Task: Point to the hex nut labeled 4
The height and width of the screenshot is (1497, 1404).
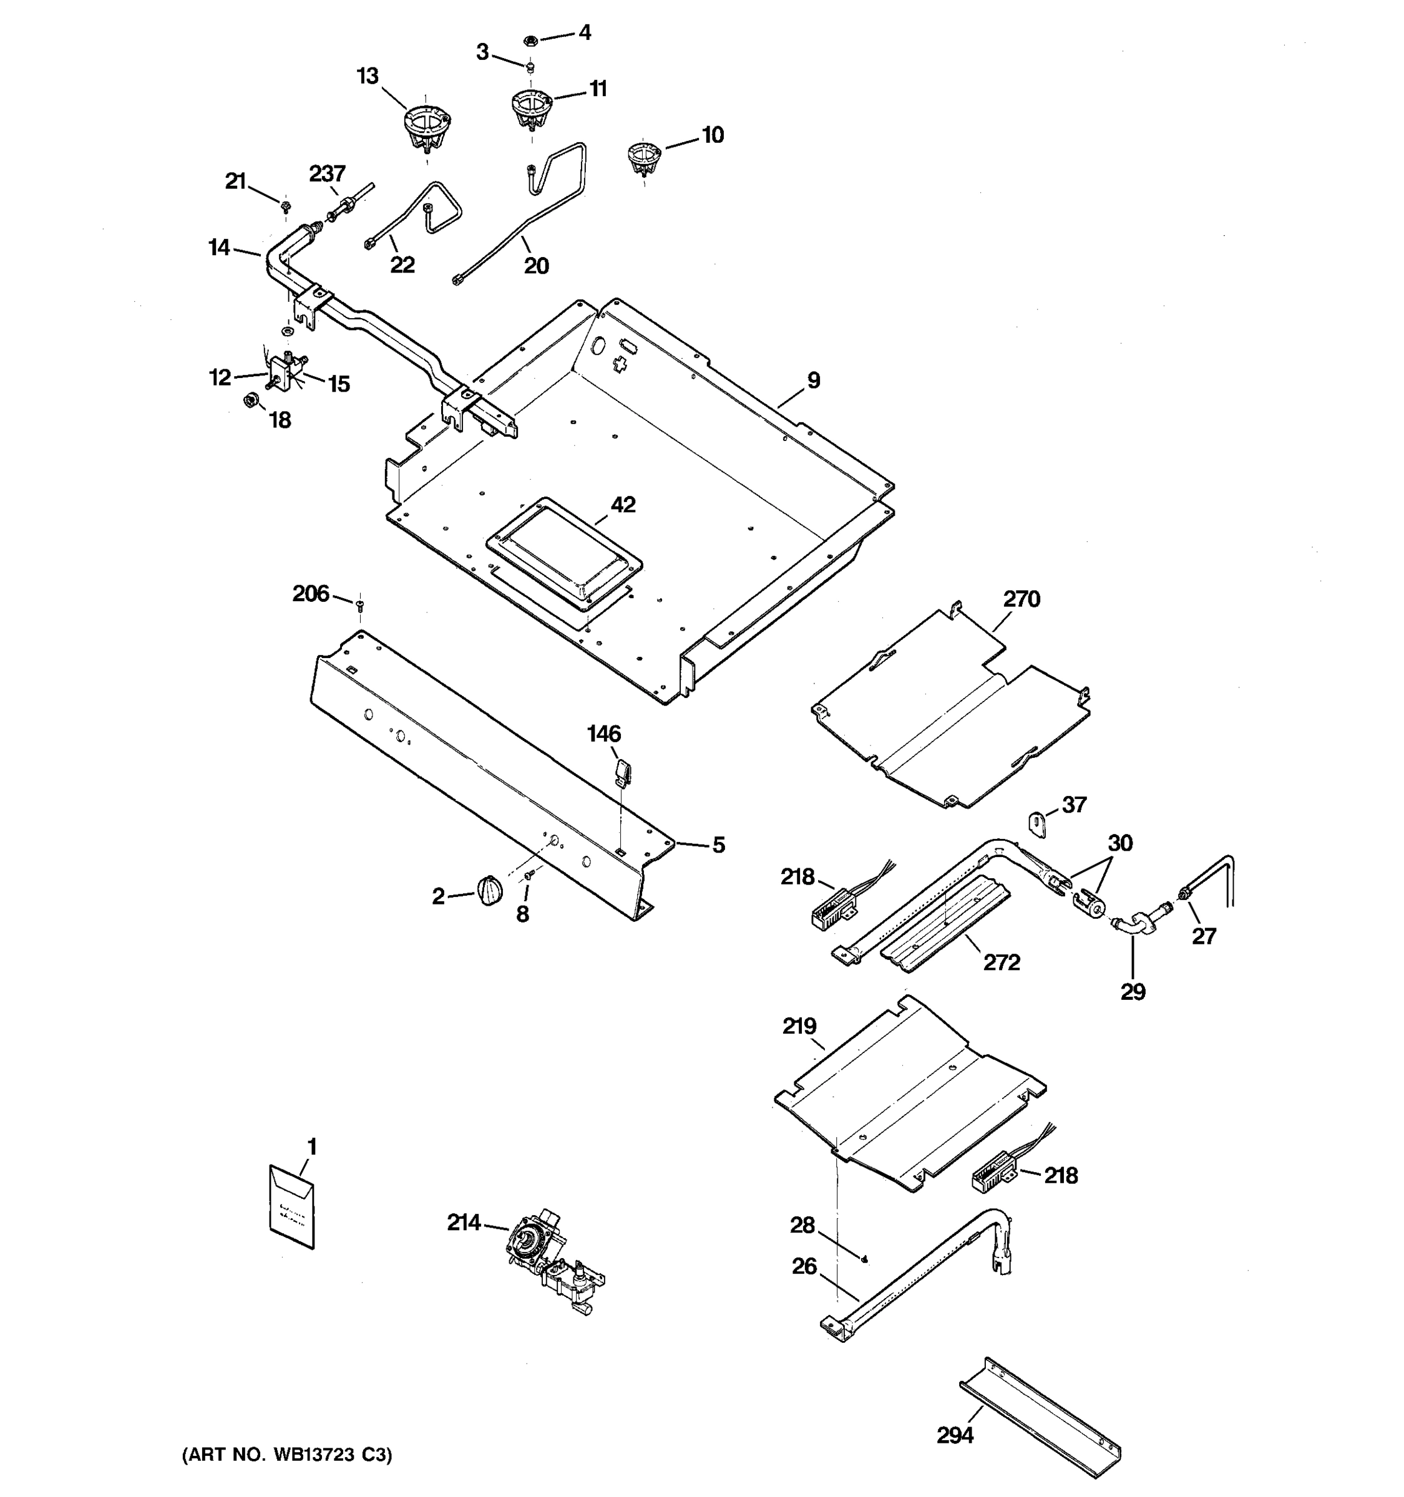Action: pyautogui.click(x=530, y=39)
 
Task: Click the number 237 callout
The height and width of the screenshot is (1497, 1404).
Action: pyautogui.click(x=327, y=174)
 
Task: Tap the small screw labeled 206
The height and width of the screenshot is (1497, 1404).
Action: pyautogui.click(x=359, y=603)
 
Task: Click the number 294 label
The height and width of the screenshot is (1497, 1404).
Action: pyautogui.click(x=954, y=1435)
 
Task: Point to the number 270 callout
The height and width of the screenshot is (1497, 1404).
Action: pyautogui.click(x=1021, y=599)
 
